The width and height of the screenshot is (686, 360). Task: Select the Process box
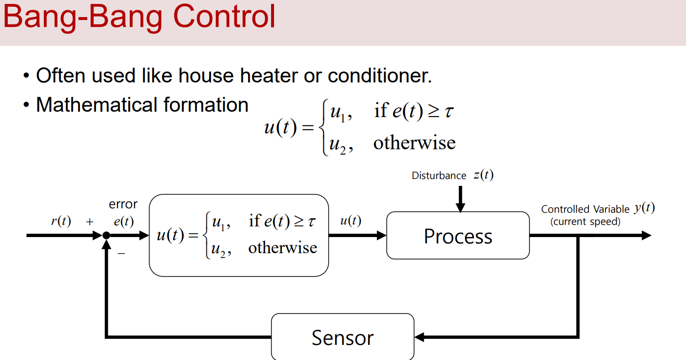(458, 236)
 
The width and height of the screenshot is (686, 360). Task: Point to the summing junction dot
(106, 236)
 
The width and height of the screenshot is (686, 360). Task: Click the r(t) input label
(61, 221)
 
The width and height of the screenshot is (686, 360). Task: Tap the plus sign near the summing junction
(90, 222)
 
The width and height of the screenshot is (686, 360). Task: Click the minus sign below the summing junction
(121, 253)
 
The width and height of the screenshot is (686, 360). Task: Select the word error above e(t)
(123, 204)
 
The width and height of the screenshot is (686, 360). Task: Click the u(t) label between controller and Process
(351, 221)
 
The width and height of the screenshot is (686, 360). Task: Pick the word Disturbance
(439, 176)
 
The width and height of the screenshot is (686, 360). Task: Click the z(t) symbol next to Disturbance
(483, 175)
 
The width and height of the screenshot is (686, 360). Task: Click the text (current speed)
(585, 221)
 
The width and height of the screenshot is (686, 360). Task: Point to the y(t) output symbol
(644, 208)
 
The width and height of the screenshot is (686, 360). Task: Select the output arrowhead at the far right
(646, 236)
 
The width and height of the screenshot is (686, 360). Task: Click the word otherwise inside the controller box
(282, 248)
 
